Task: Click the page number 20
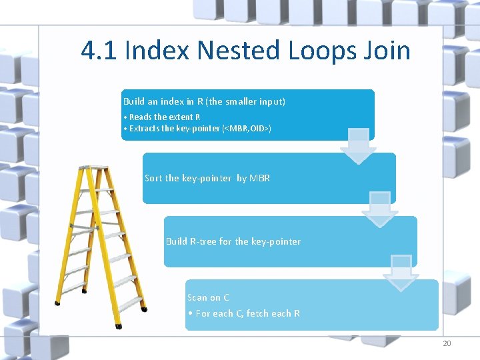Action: pyautogui.click(x=447, y=343)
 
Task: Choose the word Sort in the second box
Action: pyautogui.click(x=153, y=178)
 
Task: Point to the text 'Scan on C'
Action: pyautogui.click(x=208, y=297)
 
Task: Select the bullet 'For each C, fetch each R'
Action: pyautogui.click(x=244, y=313)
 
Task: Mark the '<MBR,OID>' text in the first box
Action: pyautogui.click(x=248, y=128)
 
